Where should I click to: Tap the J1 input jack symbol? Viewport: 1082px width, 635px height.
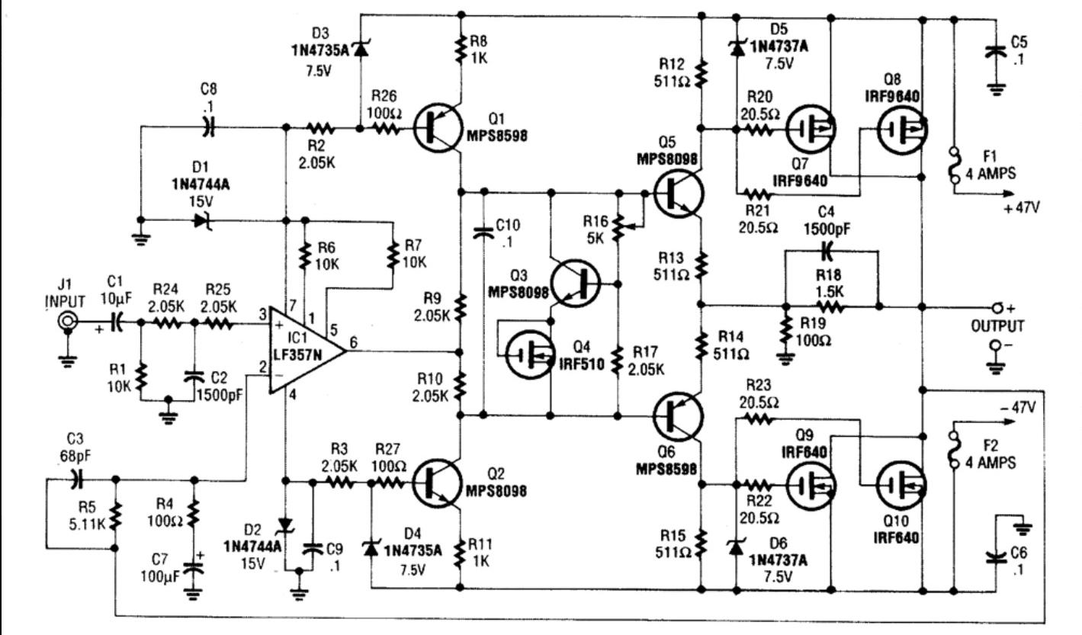click(x=68, y=323)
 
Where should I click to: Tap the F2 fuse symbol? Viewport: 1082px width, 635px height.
click(x=953, y=451)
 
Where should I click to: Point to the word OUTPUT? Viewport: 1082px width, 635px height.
click(x=997, y=326)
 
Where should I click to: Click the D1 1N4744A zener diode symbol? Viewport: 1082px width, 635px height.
click(x=202, y=221)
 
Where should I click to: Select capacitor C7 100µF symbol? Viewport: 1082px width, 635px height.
click(x=194, y=565)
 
